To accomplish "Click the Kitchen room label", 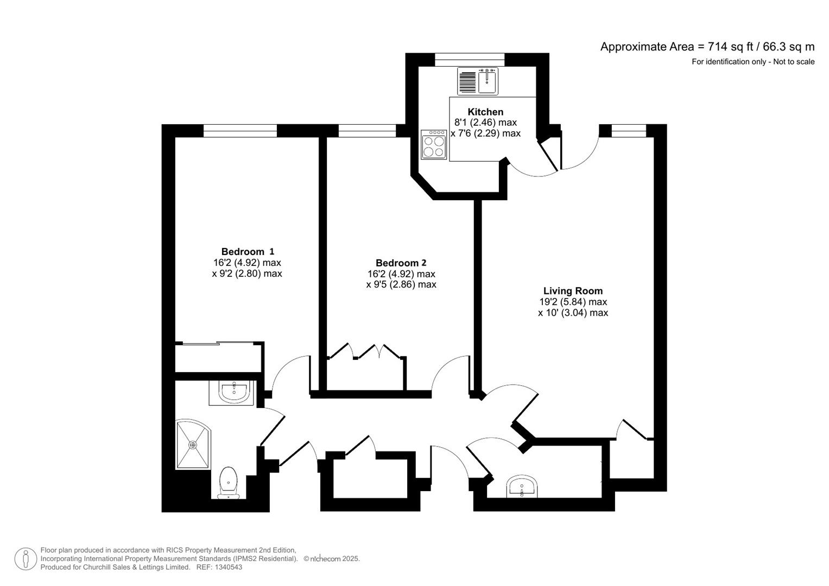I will pyautogui.click(x=485, y=112).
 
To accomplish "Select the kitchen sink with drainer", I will pyautogui.click(x=478, y=81).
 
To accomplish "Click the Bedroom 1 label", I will pyautogui.click(x=248, y=251).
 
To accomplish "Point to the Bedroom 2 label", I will pyautogui.click(x=401, y=263).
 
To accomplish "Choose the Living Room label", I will pyautogui.click(x=573, y=291).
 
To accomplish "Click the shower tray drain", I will pyautogui.click(x=193, y=445).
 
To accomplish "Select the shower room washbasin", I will pyautogui.click(x=234, y=392).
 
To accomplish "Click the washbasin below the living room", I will pyautogui.click(x=522, y=487).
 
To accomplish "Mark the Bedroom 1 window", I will pyautogui.click(x=240, y=130).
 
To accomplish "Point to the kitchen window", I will pyautogui.click(x=470, y=59).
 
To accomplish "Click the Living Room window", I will pyautogui.click(x=629, y=130).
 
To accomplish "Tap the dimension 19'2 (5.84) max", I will pyautogui.click(x=573, y=302).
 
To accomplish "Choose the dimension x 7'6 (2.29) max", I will pyautogui.click(x=485, y=133).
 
